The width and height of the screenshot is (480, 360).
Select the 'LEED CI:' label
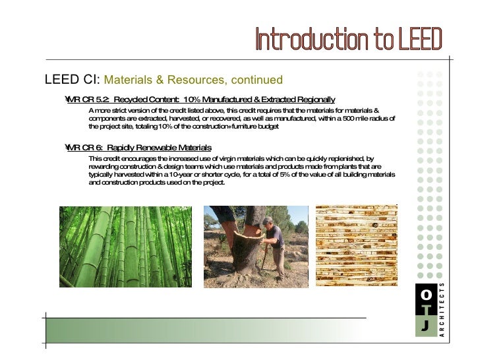click(x=71, y=80)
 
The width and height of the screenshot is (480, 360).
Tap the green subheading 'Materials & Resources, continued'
click(x=193, y=80)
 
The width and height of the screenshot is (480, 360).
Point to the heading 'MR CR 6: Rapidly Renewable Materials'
click(x=139, y=147)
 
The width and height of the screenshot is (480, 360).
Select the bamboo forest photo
click(x=125, y=247)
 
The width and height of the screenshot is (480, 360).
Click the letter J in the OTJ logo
click(x=425, y=326)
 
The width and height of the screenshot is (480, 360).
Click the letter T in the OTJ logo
click(x=425, y=310)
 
